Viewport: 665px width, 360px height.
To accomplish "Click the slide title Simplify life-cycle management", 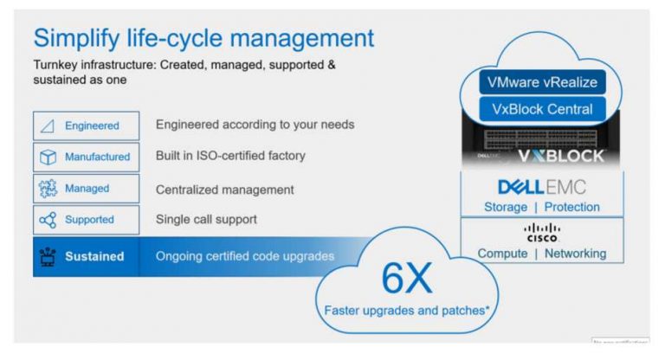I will [x=203, y=38].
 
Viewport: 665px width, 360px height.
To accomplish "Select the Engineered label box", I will [x=86, y=125].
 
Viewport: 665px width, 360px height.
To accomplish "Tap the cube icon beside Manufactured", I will [x=48, y=157].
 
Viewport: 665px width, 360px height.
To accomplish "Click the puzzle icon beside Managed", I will [x=48, y=188].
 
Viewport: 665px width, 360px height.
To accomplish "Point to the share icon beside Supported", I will [x=48, y=220].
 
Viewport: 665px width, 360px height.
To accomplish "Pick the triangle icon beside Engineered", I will [x=48, y=125].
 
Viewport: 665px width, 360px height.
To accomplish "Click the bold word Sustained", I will [x=94, y=256].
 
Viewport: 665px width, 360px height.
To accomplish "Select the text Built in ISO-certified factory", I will [x=230, y=156].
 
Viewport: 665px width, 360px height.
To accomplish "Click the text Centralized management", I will [x=224, y=189].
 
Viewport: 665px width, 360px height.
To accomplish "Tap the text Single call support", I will [x=206, y=219].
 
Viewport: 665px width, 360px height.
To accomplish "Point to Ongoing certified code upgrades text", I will [x=245, y=256].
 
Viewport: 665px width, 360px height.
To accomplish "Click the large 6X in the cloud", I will [x=405, y=279].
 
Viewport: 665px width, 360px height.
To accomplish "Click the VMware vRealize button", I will [x=542, y=83].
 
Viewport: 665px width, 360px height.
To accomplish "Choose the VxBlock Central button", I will [x=542, y=109].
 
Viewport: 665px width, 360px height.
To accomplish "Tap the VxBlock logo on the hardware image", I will [x=561, y=157].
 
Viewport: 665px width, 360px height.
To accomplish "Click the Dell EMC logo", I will [x=542, y=186].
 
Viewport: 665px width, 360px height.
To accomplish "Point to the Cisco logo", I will [x=542, y=231].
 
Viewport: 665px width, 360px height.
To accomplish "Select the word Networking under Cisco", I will [x=574, y=253].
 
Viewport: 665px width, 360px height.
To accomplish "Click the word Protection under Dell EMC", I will [x=571, y=207].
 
